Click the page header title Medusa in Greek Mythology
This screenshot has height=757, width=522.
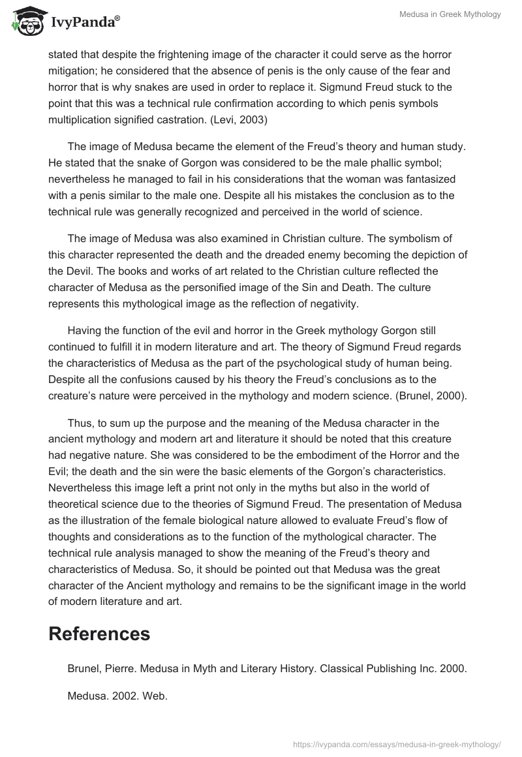coord(450,14)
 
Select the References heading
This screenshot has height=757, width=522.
coord(99,633)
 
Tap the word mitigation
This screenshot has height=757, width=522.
coord(72,70)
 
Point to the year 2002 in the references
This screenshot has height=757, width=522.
coord(119,696)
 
